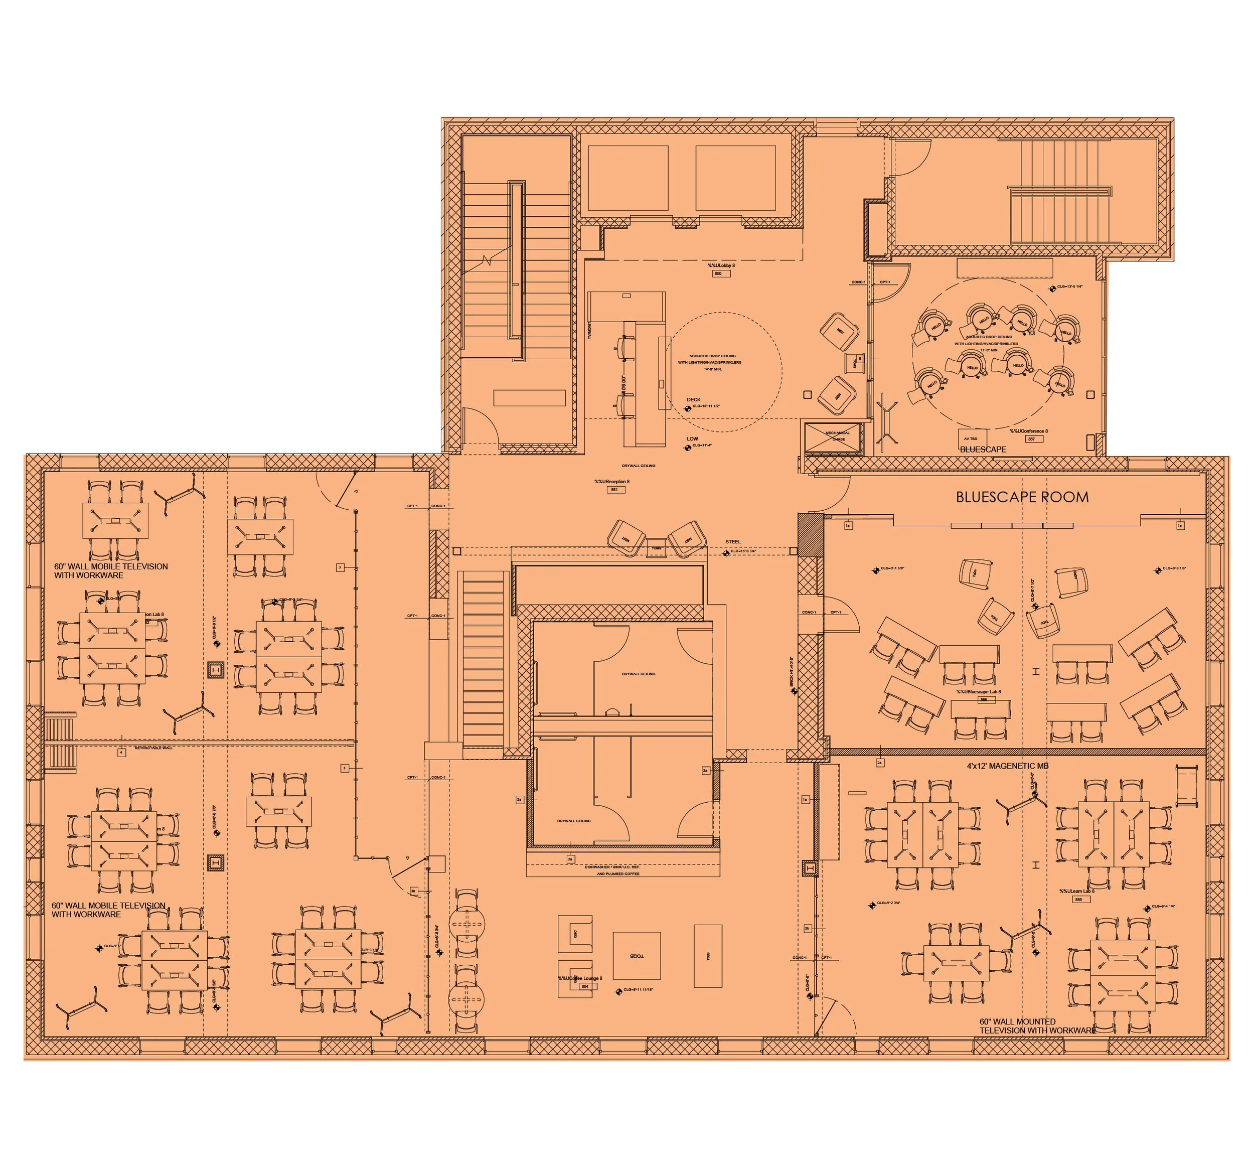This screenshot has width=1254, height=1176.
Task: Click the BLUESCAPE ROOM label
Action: click(x=1022, y=497)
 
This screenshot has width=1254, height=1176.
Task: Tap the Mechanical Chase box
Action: click(x=838, y=436)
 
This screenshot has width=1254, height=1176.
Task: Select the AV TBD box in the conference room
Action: click(x=970, y=438)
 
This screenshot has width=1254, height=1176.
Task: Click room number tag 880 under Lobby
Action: click(x=718, y=274)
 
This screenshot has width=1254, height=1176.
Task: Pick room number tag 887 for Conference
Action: click(x=1031, y=439)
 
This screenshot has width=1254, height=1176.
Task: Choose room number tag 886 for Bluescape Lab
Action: click(x=983, y=700)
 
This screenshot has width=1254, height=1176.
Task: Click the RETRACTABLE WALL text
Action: click(x=153, y=748)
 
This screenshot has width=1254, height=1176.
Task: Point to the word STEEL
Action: click(x=733, y=541)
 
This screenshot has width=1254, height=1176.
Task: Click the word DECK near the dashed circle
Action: click(x=693, y=399)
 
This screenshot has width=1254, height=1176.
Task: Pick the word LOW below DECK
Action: click(x=692, y=438)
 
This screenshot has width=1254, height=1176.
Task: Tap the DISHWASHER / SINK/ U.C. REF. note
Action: click(x=621, y=867)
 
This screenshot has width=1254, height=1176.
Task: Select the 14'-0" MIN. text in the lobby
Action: click(x=713, y=369)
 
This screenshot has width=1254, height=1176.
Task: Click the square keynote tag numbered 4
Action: click(x=121, y=753)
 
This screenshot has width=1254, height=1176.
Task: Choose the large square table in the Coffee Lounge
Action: click(x=637, y=956)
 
